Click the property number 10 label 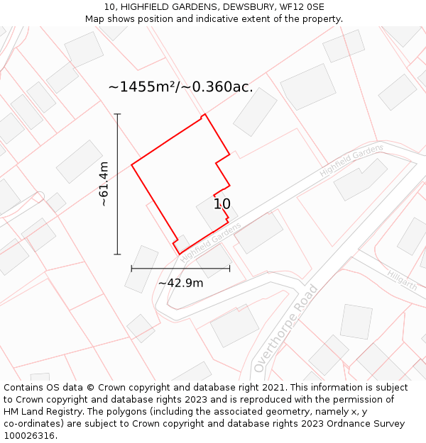pos(222,204)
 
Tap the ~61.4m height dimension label pos(104,184)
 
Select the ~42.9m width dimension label pos(180,283)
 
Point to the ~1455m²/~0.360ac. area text pos(180,87)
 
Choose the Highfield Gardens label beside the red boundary pos(211,242)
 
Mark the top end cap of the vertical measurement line pos(117,113)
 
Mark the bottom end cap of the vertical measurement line pos(117,254)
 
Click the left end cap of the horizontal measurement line pos(131,269)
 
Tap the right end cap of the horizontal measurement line pos(229,269)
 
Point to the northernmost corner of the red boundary pos(204,114)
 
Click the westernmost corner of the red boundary pos(131,166)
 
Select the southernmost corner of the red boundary pos(179,254)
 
